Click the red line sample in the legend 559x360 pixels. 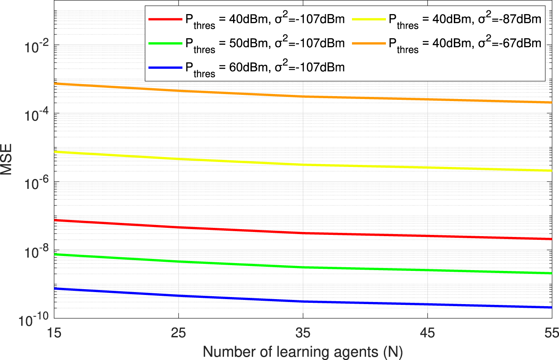click(165, 19)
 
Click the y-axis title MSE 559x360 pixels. click(8, 165)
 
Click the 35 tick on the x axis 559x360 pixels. click(304, 332)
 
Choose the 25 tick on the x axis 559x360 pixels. click(178, 332)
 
